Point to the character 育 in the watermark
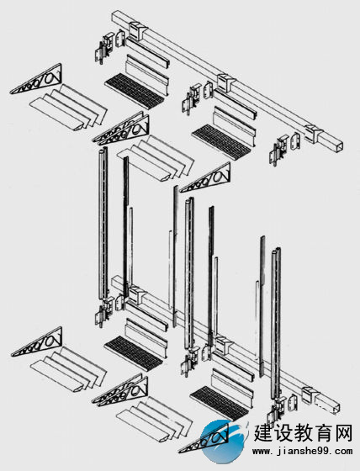click(x=323, y=433)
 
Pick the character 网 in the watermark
click(x=342, y=433)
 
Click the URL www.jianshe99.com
click(x=302, y=451)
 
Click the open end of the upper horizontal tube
click(x=337, y=145)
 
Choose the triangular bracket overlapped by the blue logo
click(x=204, y=439)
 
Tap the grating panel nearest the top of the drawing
click(x=135, y=88)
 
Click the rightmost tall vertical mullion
click(x=276, y=324)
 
